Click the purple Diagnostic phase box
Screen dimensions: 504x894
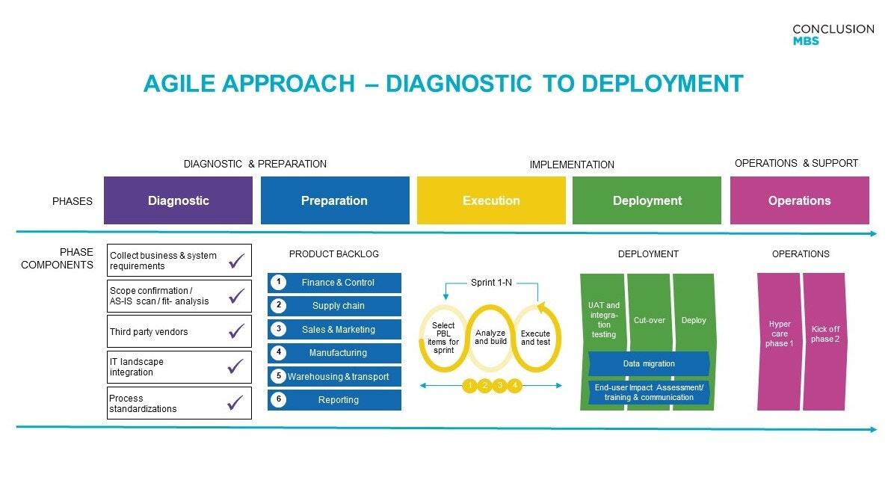pyautogui.click(x=178, y=200)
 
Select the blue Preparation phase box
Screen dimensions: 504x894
pyautogui.click(x=334, y=200)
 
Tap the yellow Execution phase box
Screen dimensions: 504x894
pyautogui.click(x=490, y=200)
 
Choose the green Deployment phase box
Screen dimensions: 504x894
pyautogui.click(x=647, y=200)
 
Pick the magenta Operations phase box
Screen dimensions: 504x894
pyautogui.click(x=799, y=200)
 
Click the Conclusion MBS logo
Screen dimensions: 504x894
pyautogui.click(x=833, y=34)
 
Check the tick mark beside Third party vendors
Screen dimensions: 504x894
pyautogui.click(x=236, y=331)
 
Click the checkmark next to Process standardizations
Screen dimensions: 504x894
pyautogui.click(x=236, y=403)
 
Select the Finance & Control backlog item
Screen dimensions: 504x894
pyautogui.click(x=338, y=283)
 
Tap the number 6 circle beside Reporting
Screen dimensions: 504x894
pyautogui.click(x=278, y=399)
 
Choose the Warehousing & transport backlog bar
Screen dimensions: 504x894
pyautogui.click(x=338, y=376)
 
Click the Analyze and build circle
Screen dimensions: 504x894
pyautogui.click(x=490, y=337)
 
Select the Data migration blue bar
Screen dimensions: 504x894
pyautogui.click(x=648, y=363)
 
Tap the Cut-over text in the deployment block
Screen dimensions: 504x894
pyautogui.click(x=649, y=320)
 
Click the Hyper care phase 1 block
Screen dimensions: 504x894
pyautogui.click(x=779, y=341)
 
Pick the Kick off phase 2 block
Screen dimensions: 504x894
pyautogui.click(x=824, y=341)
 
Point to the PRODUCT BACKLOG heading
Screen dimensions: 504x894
pyautogui.click(x=333, y=254)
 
